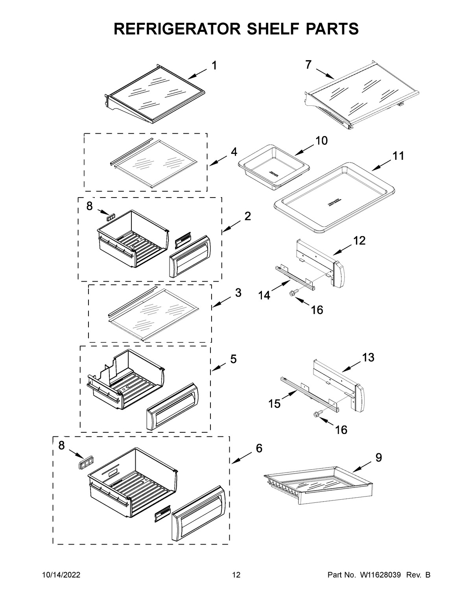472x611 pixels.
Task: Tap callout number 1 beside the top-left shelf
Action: pyautogui.click(x=214, y=66)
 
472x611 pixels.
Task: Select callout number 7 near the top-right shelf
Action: pyautogui.click(x=308, y=65)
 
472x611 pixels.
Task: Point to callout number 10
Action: pyautogui.click(x=321, y=140)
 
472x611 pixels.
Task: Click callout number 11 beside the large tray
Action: pyautogui.click(x=398, y=156)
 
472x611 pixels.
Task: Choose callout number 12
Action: pyautogui.click(x=360, y=240)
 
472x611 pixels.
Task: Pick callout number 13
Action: pyautogui.click(x=368, y=358)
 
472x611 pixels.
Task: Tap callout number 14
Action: pyautogui.click(x=264, y=295)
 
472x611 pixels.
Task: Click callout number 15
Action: pyautogui.click(x=275, y=403)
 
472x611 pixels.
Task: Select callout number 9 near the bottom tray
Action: pyautogui.click(x=378, y=458)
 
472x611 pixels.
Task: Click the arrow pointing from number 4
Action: pyautogui.click(x=218, y=161)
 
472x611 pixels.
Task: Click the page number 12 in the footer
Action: pyautogui.click(x=236, y=576)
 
